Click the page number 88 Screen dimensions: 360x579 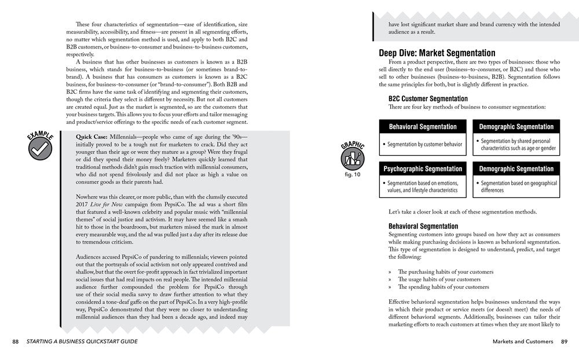pos(15,341)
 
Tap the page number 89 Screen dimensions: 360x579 pos(563,341)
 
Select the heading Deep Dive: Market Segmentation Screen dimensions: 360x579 pos(433,53)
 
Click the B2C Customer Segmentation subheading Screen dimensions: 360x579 pos(428,99)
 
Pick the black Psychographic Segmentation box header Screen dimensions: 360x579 pos(423,169)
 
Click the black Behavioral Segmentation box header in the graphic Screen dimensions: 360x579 pos(423,126)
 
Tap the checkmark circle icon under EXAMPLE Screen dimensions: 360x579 pos(41,148)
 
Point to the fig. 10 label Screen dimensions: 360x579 pos(352,174)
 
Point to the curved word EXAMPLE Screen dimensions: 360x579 pos(39,133)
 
